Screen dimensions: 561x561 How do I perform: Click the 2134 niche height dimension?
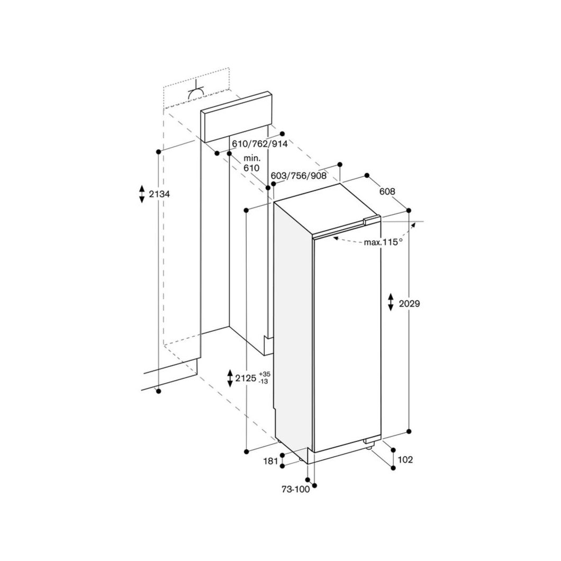[x=159, y=194]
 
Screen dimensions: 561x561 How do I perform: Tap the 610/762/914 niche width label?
[x=260, y=144]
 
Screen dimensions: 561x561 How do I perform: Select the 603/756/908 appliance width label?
[x=298, y=176]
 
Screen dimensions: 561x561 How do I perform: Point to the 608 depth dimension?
[x=387, y=192]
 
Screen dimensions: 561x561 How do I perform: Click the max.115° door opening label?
[x=383, y=242]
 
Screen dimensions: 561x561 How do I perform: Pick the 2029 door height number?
[x=409, y=304]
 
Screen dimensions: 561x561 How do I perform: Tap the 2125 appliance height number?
[x=246, y=378]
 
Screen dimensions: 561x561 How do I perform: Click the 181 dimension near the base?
[x=270, y=461]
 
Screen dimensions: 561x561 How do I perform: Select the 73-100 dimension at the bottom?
[x=295, y=490]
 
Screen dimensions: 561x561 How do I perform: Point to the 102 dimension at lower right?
[x=405, y=459]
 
